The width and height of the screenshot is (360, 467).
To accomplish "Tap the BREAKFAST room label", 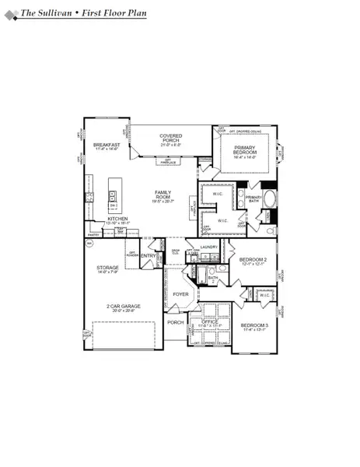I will (x=106, y=145).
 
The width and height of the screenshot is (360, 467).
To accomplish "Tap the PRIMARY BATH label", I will (x=254, y=198).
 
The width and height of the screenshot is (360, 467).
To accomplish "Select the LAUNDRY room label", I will (x=208, y=247).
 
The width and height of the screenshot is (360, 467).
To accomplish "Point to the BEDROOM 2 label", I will (x=253, y=259).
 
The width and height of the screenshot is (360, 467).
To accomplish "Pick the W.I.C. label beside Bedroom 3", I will (x=264, y=295).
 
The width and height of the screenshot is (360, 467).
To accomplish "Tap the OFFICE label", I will (x=209, y=321).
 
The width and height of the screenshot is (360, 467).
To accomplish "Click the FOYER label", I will (x=180, y=294).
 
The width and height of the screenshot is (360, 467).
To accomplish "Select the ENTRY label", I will (x=149, y=256).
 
